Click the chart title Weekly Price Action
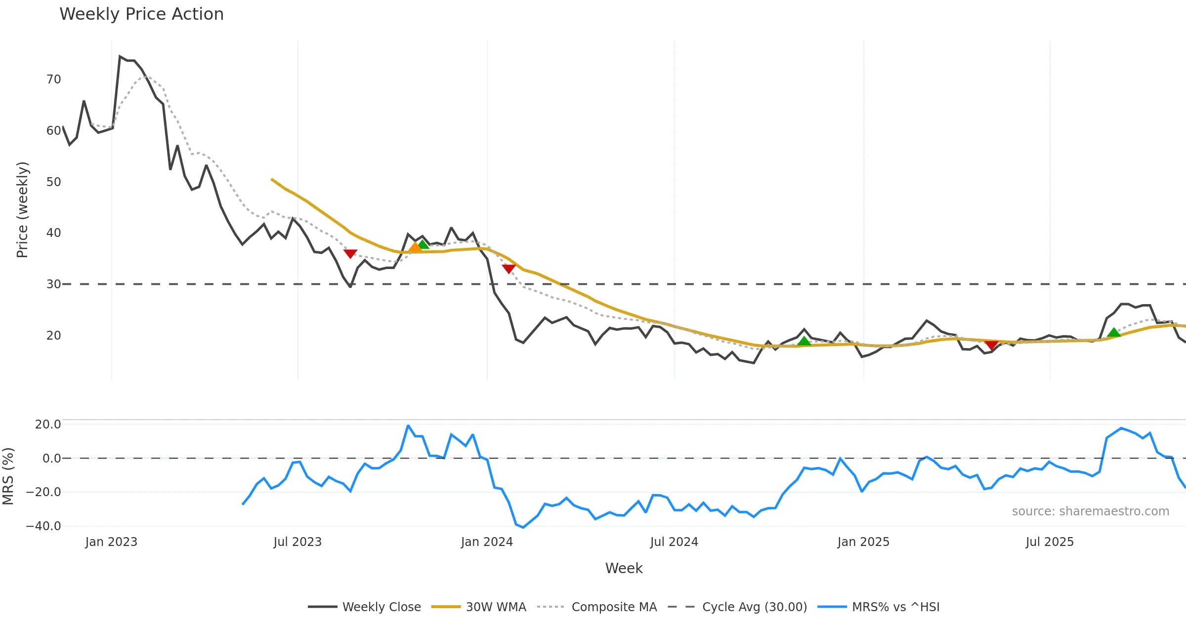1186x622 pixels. coord(141,14)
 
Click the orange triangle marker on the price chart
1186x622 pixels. coord(416,247)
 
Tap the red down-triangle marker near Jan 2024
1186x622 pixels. coord(508,269)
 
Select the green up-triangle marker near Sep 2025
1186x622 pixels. coord(1114,333)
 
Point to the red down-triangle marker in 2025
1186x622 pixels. coord(991,344)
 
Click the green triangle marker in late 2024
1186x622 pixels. coord(804,341)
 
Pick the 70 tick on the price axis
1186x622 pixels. coord(53,79)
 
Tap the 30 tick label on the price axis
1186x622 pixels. coord(53,284)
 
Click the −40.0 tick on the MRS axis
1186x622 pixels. coord(43,526)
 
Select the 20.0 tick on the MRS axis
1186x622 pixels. coord(48,425)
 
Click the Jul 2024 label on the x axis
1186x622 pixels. coord(674,542)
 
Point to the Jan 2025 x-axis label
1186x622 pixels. coord(863,542)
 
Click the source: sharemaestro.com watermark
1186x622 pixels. coord(1090,511)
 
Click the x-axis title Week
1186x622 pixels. coord(624,568)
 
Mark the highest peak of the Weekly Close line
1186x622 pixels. coord(120,57)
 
